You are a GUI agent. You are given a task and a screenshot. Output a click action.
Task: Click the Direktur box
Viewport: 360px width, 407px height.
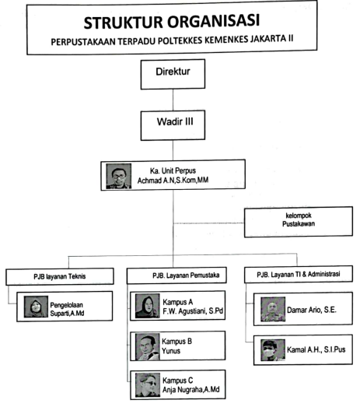173,74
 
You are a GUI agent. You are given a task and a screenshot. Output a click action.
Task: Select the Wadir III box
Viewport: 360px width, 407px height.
173,125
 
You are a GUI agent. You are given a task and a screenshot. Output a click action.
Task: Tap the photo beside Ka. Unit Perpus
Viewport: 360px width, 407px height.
118,176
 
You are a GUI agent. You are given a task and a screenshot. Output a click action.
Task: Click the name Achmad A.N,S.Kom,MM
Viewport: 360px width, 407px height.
173,180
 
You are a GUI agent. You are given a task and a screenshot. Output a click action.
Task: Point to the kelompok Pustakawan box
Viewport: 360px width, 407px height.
299,222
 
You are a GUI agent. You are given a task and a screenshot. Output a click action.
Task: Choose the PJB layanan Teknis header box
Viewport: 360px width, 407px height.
60,276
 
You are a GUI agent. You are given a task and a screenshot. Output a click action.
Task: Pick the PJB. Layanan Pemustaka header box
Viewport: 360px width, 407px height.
177,275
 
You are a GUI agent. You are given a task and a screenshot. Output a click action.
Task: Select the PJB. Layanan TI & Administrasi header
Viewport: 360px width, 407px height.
299,274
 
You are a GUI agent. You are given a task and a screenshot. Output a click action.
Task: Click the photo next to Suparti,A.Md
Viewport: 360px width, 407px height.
36,307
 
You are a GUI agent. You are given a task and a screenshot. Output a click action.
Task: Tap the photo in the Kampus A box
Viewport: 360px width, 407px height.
147,306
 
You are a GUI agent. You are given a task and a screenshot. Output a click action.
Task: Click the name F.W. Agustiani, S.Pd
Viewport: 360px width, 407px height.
193,311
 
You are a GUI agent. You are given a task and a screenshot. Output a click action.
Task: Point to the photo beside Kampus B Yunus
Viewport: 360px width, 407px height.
147,347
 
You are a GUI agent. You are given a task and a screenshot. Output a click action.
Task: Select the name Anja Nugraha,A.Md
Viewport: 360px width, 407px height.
191,389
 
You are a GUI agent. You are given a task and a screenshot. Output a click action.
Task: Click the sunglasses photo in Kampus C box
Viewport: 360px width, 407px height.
148,385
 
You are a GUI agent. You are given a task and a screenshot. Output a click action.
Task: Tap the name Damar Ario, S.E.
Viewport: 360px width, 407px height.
312,310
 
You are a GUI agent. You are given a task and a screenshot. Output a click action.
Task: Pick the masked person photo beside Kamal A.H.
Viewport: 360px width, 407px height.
273,350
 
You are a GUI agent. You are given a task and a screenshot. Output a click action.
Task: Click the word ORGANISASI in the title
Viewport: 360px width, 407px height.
213,21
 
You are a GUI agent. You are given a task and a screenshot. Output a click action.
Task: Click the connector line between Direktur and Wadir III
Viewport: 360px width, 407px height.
173,100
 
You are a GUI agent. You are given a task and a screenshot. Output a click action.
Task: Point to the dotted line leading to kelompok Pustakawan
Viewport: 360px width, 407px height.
209,223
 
